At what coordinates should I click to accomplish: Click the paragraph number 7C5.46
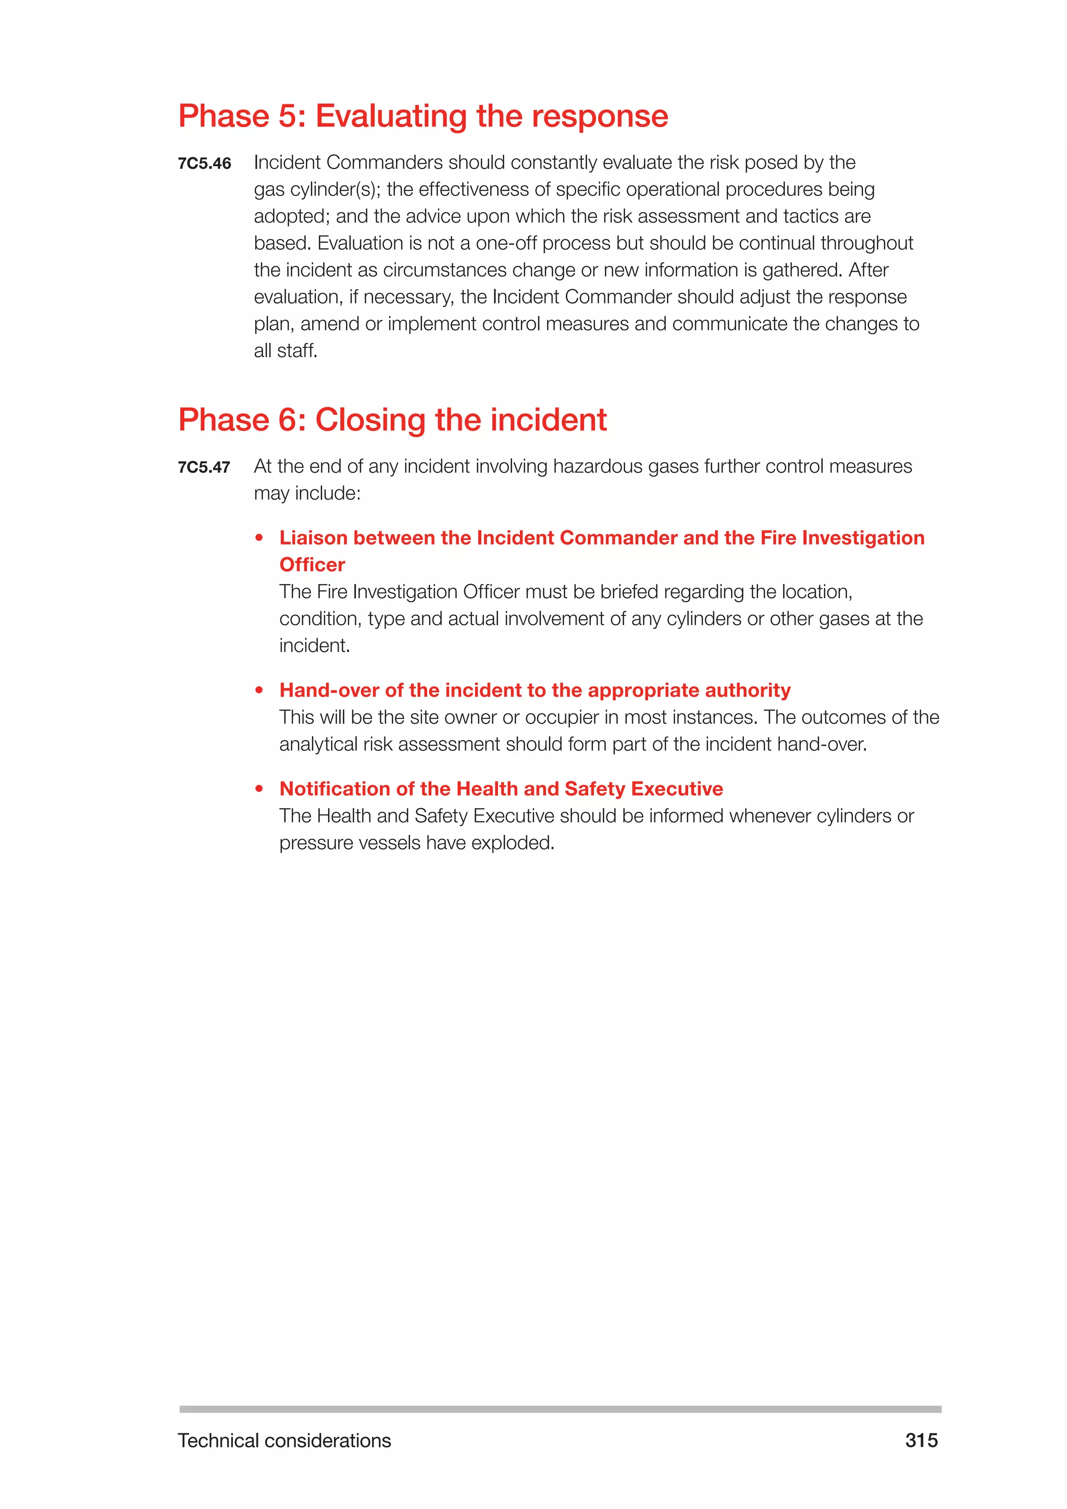(x=204, y=164)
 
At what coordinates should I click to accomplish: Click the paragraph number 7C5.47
(x=204, y=467)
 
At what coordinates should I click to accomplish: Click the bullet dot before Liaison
(x=259, y=538)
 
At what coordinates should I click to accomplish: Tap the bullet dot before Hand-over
(x=259, y=690)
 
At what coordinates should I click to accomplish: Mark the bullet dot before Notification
(x=259, y=789)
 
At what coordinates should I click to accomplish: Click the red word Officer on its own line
(x=312, y=564)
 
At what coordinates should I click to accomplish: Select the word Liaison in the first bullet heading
(x=313, y=538)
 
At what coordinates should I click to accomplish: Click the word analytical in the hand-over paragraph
(x=321, y=744)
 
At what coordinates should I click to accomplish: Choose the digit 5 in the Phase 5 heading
(x=287, y=116)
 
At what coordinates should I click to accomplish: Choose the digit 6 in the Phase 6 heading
(x=287, y=420)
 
